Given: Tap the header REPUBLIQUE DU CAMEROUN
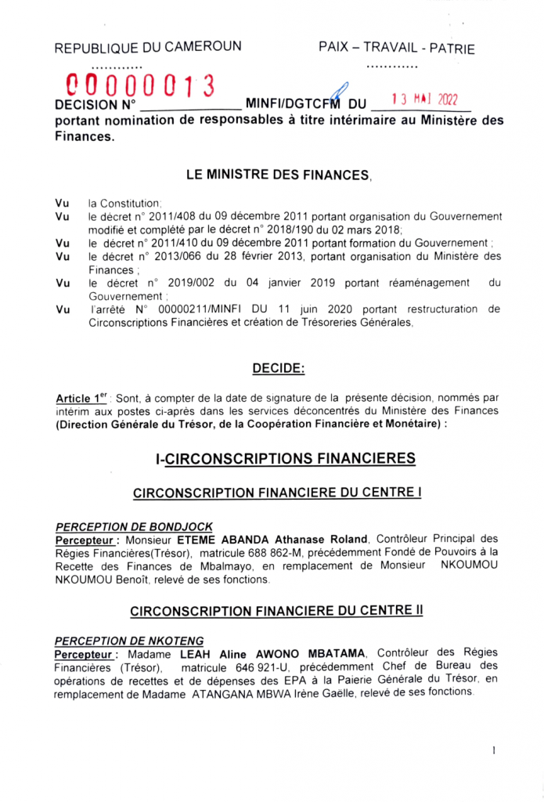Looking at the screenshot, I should [147, 47].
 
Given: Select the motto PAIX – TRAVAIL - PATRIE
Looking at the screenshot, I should [397, 48].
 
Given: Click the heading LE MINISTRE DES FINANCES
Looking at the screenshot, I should [278, 176].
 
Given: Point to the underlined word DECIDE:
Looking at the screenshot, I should [279, 368].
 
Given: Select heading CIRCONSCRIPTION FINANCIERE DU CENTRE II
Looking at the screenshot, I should [277, 610].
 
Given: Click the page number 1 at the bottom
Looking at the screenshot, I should [495, 750].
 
